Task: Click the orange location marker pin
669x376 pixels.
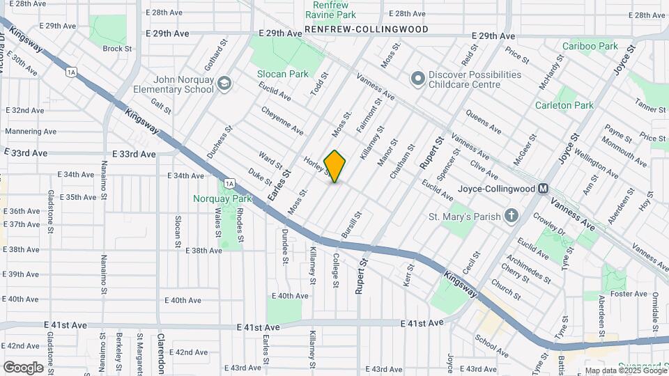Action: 334,166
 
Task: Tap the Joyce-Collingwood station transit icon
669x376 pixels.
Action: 544,189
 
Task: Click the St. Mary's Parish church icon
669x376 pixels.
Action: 512,216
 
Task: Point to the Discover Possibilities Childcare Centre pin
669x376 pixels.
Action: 417,78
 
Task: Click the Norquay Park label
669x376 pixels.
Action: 220,198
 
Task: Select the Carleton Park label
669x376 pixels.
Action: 564,105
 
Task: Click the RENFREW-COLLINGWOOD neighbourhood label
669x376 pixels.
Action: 365,30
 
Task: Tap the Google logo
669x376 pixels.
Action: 22,367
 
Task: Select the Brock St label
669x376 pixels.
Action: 117,49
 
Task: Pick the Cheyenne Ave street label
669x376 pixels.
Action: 282,120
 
